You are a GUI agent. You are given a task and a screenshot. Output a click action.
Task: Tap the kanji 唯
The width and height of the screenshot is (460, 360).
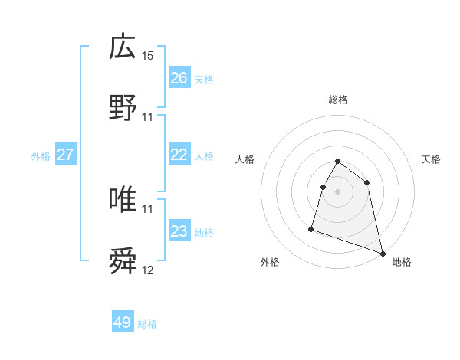(123, 199)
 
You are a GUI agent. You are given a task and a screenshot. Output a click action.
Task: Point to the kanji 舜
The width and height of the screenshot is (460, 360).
(123, 261)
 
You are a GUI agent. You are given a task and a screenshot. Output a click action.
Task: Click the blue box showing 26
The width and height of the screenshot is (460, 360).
(179, 78)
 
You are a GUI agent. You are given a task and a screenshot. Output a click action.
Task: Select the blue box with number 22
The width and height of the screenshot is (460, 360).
(179, 155)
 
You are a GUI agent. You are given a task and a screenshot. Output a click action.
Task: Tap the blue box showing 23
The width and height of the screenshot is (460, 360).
(179, 231)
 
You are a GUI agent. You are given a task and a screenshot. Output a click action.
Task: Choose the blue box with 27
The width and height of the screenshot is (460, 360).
(66, 155)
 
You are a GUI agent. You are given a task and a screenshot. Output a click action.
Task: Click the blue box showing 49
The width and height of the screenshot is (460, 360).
(123, 322)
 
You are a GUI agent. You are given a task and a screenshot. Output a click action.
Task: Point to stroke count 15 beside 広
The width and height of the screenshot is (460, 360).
(148, 56)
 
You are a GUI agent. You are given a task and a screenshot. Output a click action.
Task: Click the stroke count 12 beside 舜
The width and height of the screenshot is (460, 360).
(148, 270)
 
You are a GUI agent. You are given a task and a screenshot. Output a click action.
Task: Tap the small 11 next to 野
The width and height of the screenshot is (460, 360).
(148, 117)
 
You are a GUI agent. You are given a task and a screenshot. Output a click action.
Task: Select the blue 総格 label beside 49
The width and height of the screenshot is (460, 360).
(147, 324)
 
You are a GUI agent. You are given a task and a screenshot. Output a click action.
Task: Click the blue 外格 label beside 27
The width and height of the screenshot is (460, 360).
(41, 156)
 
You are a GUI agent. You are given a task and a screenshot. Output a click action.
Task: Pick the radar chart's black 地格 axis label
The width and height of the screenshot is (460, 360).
(402, 262)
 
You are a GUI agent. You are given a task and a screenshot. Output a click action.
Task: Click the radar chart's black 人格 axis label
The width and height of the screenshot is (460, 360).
(245, 159)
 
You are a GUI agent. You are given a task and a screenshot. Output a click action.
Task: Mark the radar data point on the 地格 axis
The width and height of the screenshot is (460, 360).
(383, 254)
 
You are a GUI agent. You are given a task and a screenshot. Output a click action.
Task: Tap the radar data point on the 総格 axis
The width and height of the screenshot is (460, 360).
(338, 162)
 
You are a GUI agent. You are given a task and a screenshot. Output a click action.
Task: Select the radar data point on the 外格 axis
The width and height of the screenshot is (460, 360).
(311, 228)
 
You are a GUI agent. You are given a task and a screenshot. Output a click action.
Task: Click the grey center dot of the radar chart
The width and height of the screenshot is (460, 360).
(338, 191)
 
